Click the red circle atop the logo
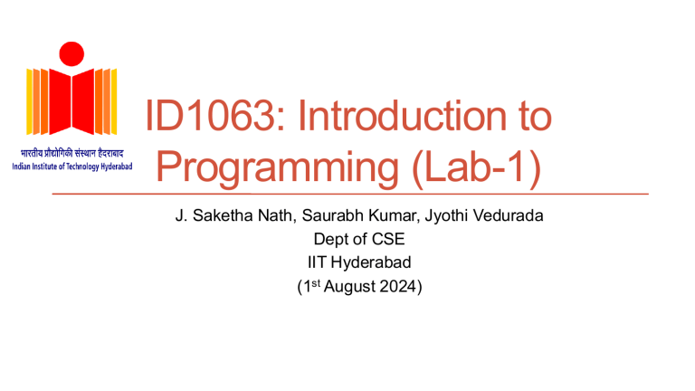pos(71,52)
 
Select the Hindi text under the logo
pos(71,152)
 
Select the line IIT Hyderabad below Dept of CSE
pos(349,263)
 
